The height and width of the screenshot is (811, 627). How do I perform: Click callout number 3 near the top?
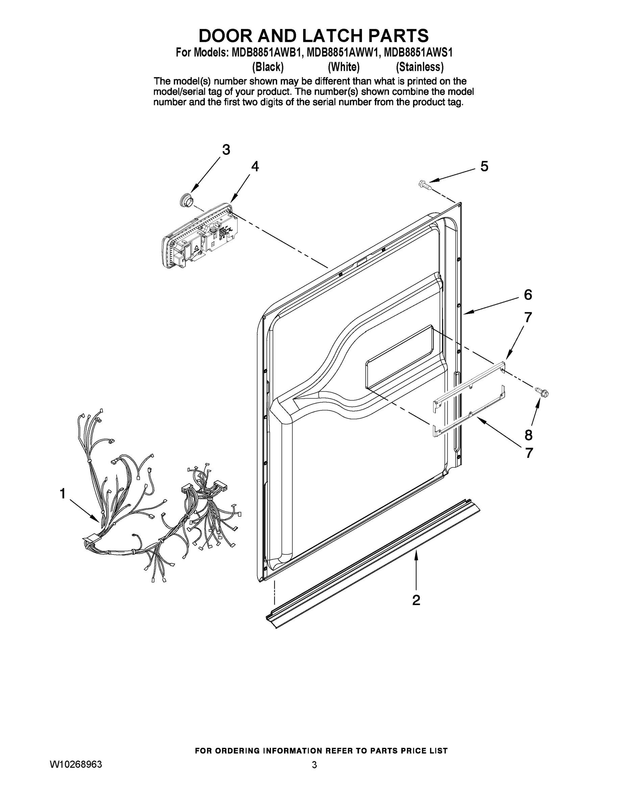pos(226,150)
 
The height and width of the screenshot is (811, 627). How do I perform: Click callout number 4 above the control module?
pos(255,166)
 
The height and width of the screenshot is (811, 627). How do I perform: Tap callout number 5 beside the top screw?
pos(484,166)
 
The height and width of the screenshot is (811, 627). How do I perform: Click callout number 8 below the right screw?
pos(528,435)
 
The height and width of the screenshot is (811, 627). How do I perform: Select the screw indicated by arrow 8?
pos(541,392)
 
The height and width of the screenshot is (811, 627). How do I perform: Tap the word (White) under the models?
pos(344,67)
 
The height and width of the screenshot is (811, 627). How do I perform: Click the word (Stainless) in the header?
pos(420,67)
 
